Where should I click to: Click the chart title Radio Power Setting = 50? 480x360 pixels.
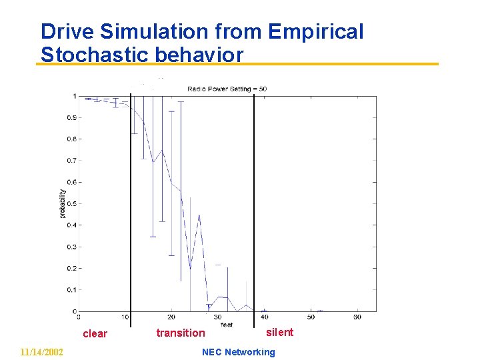pyautogui.click(x=227, y=89)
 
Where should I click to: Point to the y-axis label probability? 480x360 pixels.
pyautogui.click(x=63, y=203)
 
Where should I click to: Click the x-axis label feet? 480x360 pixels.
pyautogui.click(x=227, y=325)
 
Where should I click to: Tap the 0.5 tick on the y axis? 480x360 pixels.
pyautogui.click(x=72, y=203)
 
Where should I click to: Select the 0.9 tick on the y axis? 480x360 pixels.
pyautogui.click(x=72, y=117)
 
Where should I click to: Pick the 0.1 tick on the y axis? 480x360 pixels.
pyautogui.click(x=72, y=290)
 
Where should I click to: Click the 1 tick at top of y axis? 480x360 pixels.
pyautogui.click(x=74, y=96)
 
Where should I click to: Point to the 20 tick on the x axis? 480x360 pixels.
pyautogui.click(x=171, y=317)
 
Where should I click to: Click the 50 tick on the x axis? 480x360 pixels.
pyautogui.click(x=311, y=317)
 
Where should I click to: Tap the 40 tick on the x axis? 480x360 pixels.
pyautogui.click(x=265, y=317)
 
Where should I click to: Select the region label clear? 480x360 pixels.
pyautogui.click(x=95, y=334)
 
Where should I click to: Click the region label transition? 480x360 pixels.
pyautogui.click(x=181, y=333)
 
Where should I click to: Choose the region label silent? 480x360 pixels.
pyautogui.click(x=279, y=332)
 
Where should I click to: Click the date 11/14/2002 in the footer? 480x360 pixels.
pyautogui.click(x=42, y=352)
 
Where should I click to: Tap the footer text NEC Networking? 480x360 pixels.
pyautogui.click(x=238, y=352)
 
